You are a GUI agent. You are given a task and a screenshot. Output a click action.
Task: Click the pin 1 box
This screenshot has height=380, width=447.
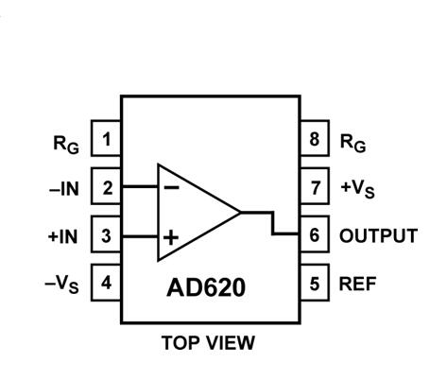click(107, 140)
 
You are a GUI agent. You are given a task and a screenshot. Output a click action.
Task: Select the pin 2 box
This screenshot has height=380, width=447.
click(107, 187)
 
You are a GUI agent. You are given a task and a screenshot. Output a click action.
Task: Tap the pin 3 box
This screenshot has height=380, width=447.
click(107, 234)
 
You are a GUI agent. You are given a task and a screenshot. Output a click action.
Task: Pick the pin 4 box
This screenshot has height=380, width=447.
click(107, 282)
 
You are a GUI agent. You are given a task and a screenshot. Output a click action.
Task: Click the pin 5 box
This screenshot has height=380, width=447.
click(314, 282)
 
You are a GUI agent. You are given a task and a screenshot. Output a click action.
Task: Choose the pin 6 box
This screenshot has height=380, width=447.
click(314, 234)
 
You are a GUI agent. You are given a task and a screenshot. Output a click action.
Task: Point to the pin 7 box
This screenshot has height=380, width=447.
click(314, 187)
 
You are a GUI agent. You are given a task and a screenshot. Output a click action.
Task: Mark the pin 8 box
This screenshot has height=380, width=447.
click(314, 140)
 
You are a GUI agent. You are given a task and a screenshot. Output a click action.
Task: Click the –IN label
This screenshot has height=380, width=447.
click(64, 188)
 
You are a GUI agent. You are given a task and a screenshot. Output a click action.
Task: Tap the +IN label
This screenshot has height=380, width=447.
click(64, 235)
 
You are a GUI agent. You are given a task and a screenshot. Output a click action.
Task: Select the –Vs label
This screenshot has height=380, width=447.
click(63, 283)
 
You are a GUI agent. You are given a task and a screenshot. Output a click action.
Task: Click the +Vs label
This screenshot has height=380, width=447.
click(358, 188)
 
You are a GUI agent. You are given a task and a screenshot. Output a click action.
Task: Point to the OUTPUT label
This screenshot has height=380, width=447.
click(377, 235)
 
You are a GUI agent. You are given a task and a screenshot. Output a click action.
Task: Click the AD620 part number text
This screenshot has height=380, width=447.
click(208, 285)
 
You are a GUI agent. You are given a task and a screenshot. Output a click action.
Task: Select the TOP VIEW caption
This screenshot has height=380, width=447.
click(210, 342)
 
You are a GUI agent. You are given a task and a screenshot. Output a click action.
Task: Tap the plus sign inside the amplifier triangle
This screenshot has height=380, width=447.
click(171, 236)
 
